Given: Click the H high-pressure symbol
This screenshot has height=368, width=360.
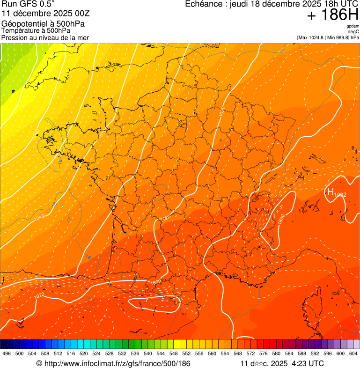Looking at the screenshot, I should pos(331,191).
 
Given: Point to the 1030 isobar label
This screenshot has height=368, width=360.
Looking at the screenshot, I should pos(281,219).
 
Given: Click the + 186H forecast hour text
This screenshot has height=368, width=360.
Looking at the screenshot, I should pos(332,15).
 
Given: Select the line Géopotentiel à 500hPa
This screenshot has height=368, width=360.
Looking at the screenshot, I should pos(43,23).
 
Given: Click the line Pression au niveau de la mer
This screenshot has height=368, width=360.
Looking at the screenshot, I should pos(45,37).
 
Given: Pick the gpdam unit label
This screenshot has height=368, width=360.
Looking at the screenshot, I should pos(353,26).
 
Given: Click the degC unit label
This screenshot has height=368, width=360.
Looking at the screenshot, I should pos(354,31).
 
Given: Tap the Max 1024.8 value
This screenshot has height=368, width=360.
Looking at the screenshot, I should pos(314,37).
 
